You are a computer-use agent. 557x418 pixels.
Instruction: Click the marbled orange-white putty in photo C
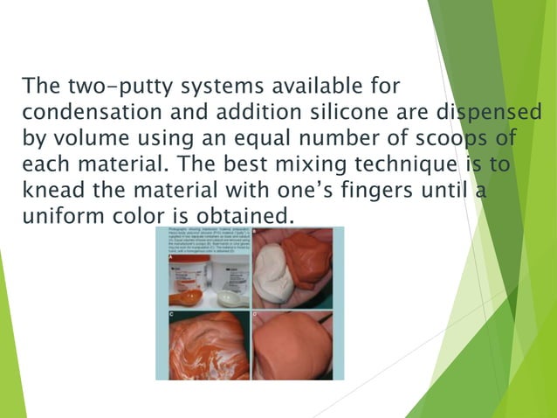[203, 346]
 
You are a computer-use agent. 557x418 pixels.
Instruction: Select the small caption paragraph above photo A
[202, 242]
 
